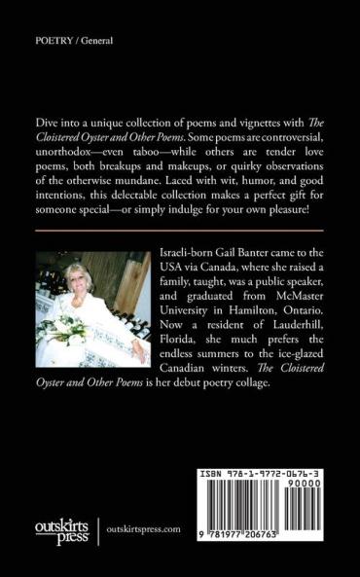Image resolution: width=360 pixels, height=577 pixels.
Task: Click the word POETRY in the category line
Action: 49,43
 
